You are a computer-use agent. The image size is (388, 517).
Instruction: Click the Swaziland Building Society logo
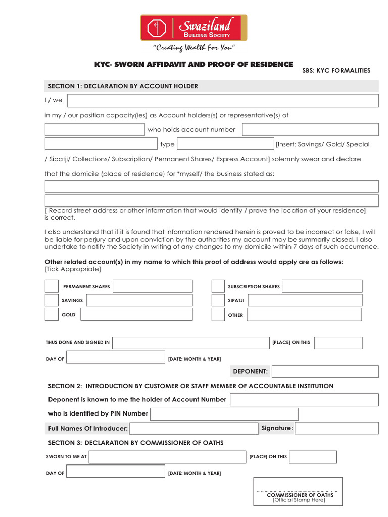(193, 27)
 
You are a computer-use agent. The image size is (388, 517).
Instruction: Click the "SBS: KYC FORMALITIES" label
(336, 71)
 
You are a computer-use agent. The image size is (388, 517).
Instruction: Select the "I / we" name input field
(222, 100)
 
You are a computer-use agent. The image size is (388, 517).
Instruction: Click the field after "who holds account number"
(310, 130)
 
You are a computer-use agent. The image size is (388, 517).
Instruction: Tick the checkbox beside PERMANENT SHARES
(52, 286)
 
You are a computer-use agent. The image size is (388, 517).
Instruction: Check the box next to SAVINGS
(52, 300)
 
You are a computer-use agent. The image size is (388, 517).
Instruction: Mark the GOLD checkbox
(52, 314)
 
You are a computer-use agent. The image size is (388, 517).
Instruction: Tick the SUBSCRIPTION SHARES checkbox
(218, 286)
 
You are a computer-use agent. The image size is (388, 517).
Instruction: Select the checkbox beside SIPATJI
(218, 300)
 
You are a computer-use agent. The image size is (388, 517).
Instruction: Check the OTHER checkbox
(218, 315)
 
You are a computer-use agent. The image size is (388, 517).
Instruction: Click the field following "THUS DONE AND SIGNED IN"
(191, 343)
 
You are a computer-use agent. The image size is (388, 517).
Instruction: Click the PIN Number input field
(224, 414)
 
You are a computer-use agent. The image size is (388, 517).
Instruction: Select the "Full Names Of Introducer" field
(194, 429)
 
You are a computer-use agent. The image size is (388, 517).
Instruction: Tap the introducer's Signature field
(336, 428)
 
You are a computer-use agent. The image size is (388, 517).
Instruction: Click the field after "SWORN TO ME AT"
(167, 457)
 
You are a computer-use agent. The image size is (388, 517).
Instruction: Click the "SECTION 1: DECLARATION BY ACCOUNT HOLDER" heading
(123, 86)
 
